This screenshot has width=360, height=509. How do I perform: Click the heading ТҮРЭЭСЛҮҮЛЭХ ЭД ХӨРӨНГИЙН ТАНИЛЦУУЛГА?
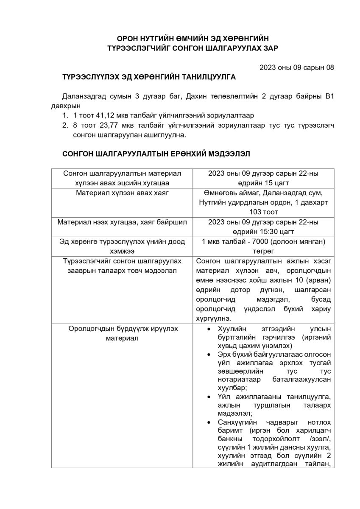(148, 78)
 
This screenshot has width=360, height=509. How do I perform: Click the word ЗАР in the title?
(269, 48)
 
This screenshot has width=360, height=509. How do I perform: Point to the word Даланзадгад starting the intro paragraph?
(83, 96)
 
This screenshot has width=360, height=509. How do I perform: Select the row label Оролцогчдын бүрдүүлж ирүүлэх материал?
(122, 334)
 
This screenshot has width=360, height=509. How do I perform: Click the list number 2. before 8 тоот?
(65, 125)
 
